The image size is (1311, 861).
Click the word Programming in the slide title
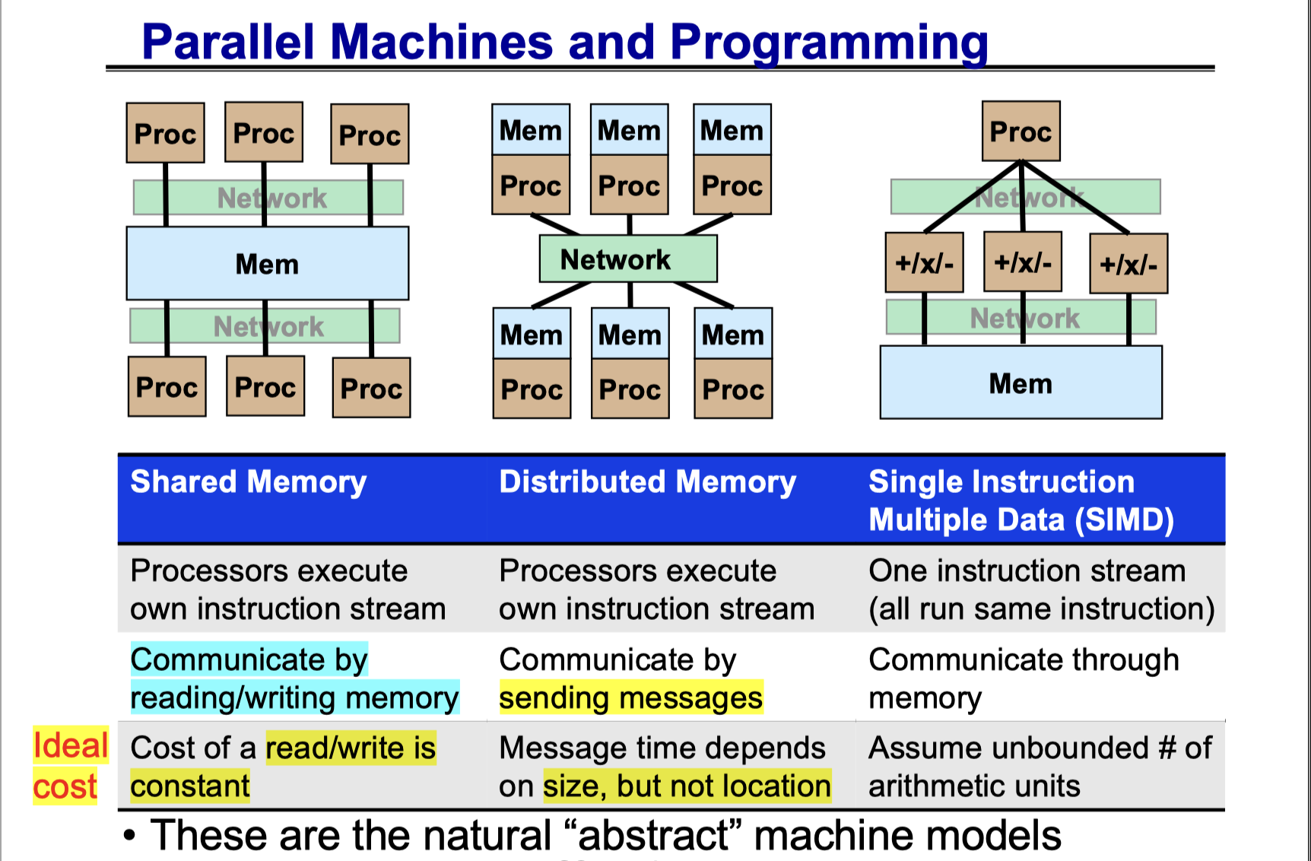[x=828, y=43]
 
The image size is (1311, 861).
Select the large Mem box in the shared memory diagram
[x=267, y=263]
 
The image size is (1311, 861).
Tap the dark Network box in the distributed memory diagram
[x=627, y=259]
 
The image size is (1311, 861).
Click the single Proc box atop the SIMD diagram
[x=1021, y=132]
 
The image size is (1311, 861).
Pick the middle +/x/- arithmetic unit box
[x=1022, y=262]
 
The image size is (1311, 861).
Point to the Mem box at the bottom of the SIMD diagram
[x=1021, y=383]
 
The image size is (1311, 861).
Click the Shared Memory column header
[x=248, y=482]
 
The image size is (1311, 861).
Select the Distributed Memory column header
[x=647, y=482]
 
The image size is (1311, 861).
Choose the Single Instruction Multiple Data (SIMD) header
[x=1021, y=500]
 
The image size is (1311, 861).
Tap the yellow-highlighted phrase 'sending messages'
[x=630, y=698]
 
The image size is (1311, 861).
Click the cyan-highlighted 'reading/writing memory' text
[x=294, y=698]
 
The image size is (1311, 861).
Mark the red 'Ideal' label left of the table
[x=71, y=745]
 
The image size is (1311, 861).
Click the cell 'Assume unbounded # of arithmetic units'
[x=1039, y=767]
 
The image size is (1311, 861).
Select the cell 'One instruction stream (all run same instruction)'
[x=1040, y=589]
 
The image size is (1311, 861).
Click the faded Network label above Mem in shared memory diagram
[x=271, y=198]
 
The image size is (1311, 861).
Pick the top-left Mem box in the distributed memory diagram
[x=530, y=130]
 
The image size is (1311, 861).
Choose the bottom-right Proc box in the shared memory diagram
[x=371, y=388]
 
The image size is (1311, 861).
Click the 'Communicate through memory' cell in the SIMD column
[x=1024, y=678]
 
